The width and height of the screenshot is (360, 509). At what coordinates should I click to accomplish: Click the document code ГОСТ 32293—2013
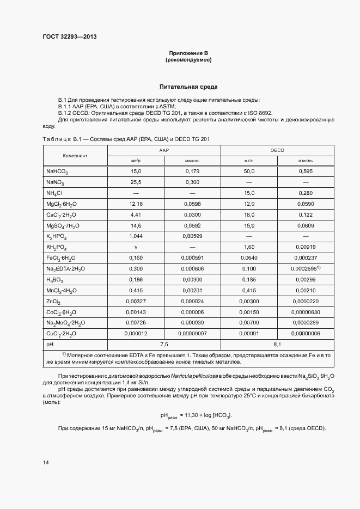[x=69, y=37]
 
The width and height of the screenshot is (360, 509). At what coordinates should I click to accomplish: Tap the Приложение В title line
[x=188, y=53]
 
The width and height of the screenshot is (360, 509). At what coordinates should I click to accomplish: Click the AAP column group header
[x=164, y=150]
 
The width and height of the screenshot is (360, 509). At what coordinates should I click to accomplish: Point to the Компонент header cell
[x=75, y=156]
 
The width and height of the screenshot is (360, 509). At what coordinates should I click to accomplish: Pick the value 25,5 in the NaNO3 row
[x=136, y=182]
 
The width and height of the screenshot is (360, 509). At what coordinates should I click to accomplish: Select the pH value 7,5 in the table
[x=164, y=345]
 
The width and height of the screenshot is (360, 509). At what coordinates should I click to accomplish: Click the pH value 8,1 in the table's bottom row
[x=277, y=345]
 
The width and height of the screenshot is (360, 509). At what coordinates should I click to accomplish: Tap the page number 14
[x=46, y=462]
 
